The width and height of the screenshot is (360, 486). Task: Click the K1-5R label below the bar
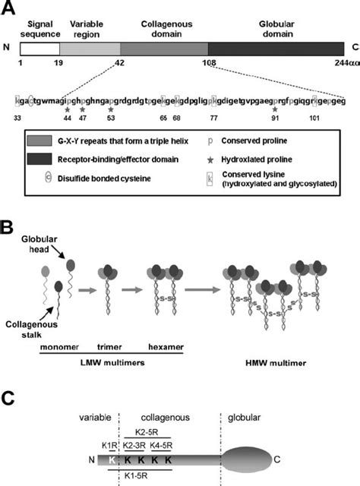143,478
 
